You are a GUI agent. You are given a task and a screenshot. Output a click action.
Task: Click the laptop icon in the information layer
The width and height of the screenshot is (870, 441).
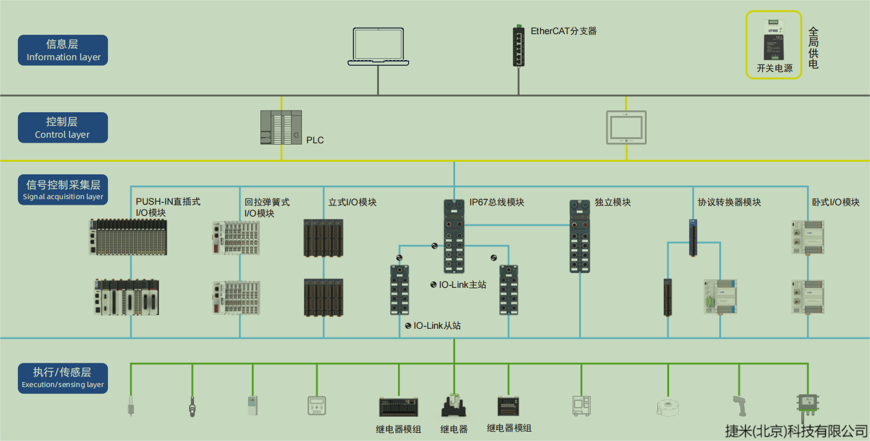[x=378, y=47]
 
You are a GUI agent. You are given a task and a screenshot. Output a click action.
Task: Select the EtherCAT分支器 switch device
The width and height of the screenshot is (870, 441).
[x=518, y=45]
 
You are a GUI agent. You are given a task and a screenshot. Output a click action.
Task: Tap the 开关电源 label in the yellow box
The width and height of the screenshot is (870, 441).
[x=775, y=68]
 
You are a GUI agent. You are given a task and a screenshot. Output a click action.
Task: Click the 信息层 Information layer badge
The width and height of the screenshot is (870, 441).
[x=63, y=50]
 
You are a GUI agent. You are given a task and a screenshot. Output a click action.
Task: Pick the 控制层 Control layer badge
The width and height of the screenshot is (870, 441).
[x=63, y=128]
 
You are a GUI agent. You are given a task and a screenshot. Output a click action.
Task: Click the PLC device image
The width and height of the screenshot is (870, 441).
[x=281, y=127]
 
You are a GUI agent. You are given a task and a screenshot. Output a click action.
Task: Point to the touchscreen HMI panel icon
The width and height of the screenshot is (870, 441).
[x=626, y=128]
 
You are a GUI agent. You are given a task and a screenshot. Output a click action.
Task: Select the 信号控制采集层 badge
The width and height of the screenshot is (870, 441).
[x=63, y=190]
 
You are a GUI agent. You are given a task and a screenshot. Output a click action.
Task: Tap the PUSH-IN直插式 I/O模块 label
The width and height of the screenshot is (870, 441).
[x=168, y=207]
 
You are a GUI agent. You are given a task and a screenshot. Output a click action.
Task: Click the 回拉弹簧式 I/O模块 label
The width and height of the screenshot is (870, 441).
[x=267, y=207]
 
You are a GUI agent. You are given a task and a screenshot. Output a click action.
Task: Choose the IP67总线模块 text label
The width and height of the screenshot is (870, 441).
[x=497, y=202]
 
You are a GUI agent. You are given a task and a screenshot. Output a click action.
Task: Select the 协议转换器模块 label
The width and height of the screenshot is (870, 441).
[x=729, y=202]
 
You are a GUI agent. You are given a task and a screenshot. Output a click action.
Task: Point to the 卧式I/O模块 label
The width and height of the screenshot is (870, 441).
[x=835, y=202]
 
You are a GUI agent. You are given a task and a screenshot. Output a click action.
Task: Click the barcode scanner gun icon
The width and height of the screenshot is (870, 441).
[x=739, y=406]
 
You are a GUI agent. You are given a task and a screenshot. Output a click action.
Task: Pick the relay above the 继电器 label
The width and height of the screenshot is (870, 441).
[x=454, y=406]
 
